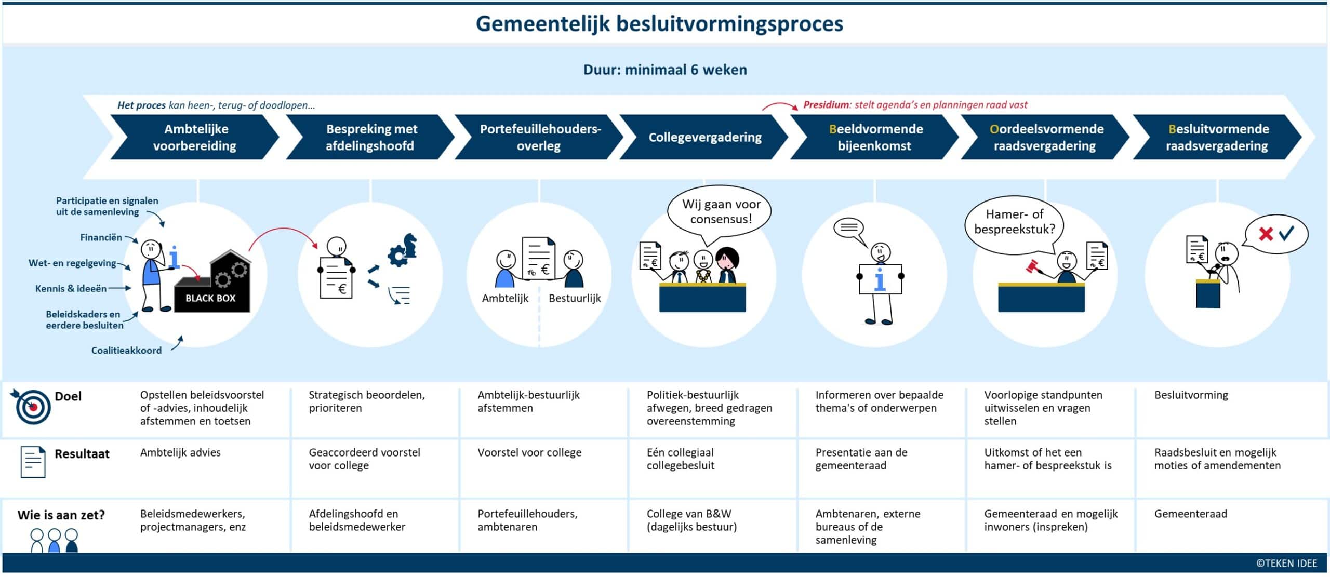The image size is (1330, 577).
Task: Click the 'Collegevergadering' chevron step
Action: [x=704, y=137]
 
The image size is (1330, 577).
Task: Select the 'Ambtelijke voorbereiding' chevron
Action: [x=194, y=137]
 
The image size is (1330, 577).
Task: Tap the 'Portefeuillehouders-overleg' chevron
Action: [x=539, y=137]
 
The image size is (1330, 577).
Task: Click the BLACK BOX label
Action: [x=210, y=298]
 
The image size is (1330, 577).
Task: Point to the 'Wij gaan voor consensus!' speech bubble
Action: [x=721, y=211]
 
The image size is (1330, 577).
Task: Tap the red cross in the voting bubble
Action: [x=1266, y=234]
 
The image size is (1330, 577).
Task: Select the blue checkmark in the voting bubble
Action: [x=1286, y=233]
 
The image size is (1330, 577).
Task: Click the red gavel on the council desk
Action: [x=1032, y=267]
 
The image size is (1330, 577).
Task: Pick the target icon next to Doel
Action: [x=32, y=406]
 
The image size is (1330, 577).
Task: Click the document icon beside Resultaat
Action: [x=33, y=462]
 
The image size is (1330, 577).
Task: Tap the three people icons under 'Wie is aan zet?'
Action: [x=54, y=540]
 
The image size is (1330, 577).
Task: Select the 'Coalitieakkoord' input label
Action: [x=126, y=351]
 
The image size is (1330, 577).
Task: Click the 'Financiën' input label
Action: [x=101, y=237]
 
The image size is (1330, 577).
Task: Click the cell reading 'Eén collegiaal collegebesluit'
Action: [x=680, y=459]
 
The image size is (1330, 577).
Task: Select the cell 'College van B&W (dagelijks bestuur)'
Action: [x=691, y=520]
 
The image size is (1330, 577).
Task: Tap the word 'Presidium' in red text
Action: [x=826, y=105]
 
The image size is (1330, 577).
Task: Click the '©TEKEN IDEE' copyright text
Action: [x=1286, y=563]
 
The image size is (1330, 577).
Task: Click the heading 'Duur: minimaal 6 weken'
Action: [x=665, y=70]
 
